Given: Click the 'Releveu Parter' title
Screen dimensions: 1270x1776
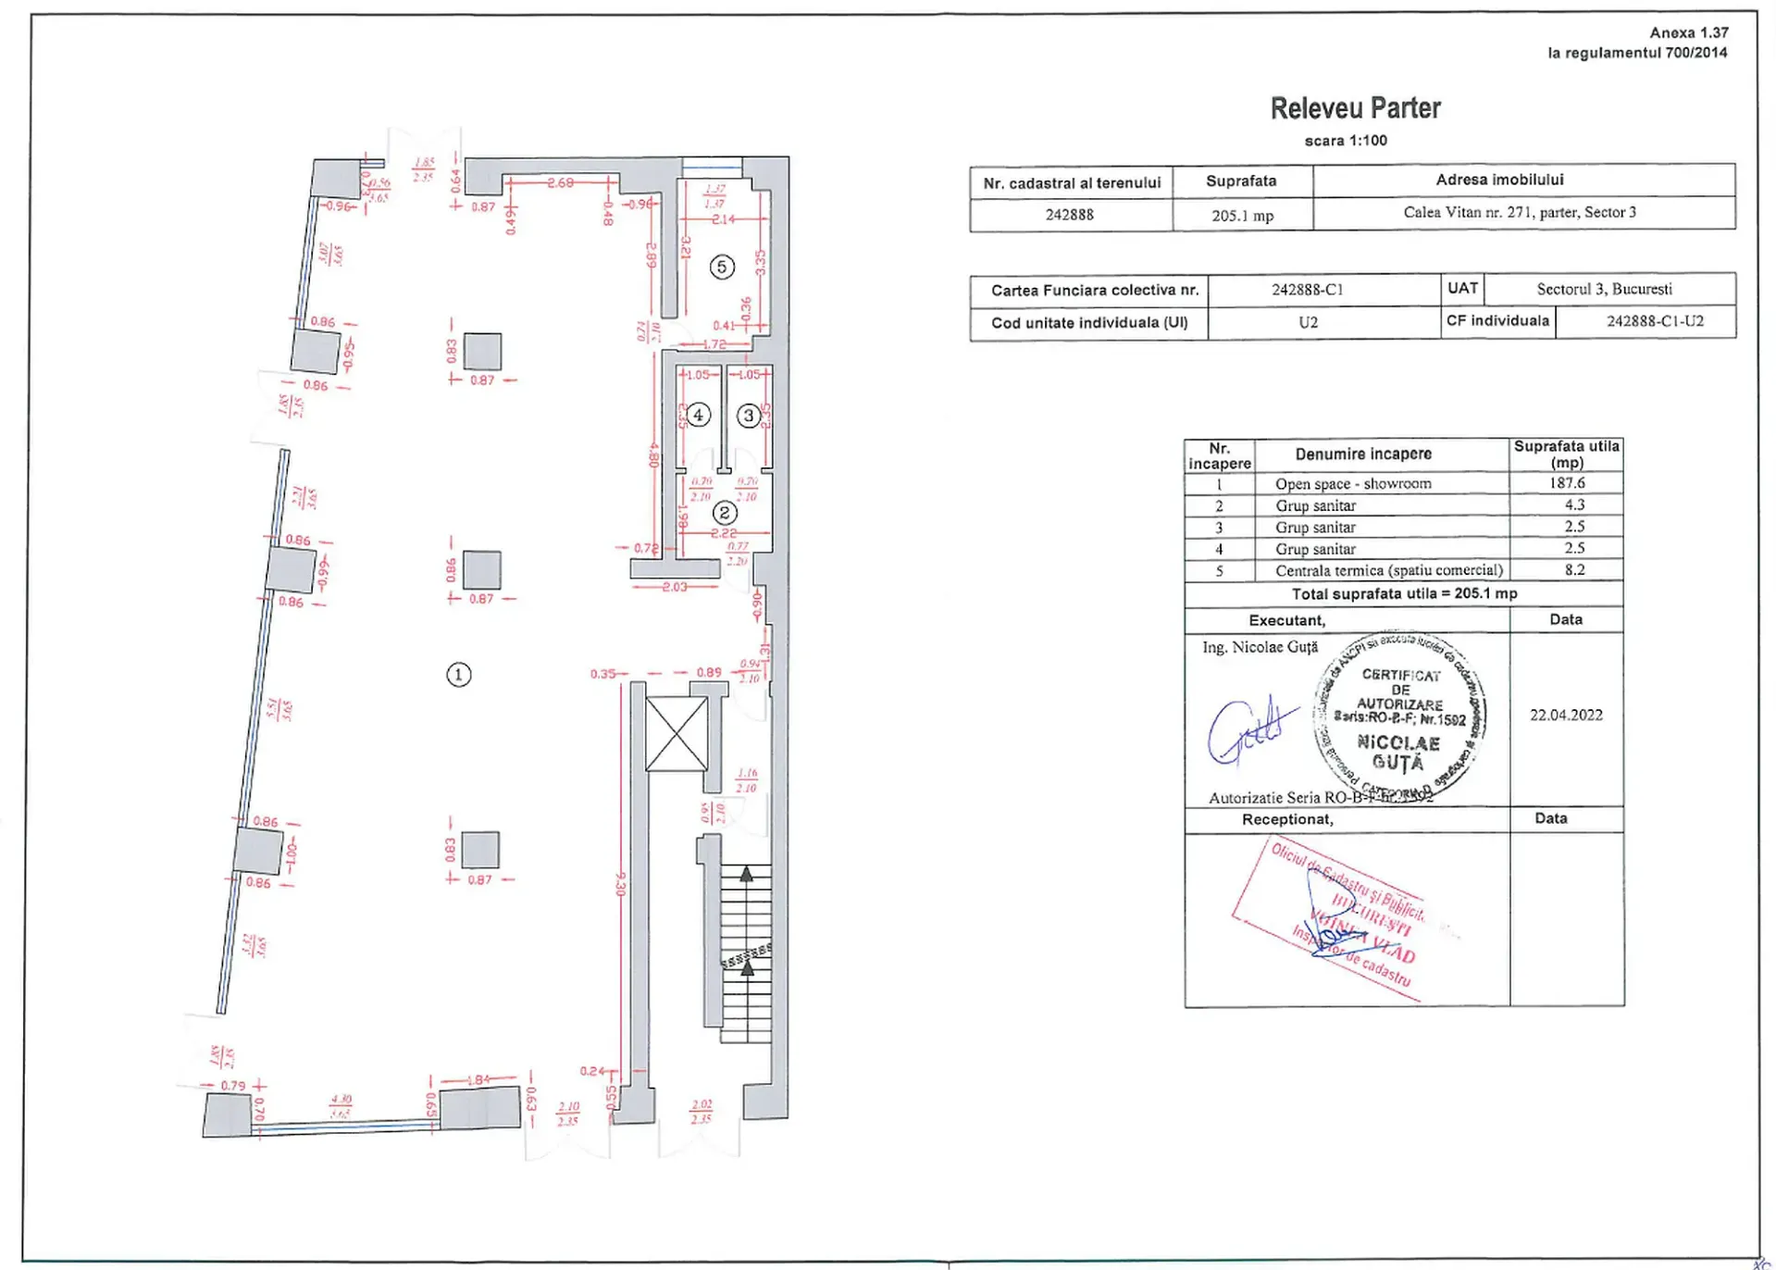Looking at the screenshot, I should (1354, 108).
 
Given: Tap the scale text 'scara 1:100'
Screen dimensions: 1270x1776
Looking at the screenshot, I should (1345, 141).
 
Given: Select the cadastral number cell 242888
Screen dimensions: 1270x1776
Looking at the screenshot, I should (1069, 215).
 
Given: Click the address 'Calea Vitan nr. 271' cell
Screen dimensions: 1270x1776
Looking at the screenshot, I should (1519, 212).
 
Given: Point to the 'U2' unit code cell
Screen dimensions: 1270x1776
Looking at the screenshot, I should (1308, 322).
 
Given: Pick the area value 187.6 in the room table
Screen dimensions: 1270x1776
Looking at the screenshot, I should (1567, 482).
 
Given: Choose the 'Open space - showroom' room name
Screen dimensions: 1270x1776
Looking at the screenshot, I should (1352, 483).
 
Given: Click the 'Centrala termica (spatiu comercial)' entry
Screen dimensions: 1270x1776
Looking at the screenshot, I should (1388, 570).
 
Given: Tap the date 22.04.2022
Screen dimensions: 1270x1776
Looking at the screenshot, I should (1566, 715).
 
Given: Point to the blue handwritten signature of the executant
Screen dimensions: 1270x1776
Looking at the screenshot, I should (1246, 730).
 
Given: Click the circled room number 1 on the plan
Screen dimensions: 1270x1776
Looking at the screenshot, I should (458, 675).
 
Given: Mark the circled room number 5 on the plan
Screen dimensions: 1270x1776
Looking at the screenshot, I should (722, 268).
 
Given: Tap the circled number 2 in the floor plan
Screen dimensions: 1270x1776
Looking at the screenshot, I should (724, 512).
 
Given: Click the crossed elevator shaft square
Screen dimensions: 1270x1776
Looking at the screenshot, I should (677, 734).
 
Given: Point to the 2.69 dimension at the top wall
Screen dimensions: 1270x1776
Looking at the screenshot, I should (560, 183).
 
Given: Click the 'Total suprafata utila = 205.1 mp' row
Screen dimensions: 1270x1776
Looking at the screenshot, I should (1403, 593).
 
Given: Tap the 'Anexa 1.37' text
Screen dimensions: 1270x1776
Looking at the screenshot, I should (1688, 32).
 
